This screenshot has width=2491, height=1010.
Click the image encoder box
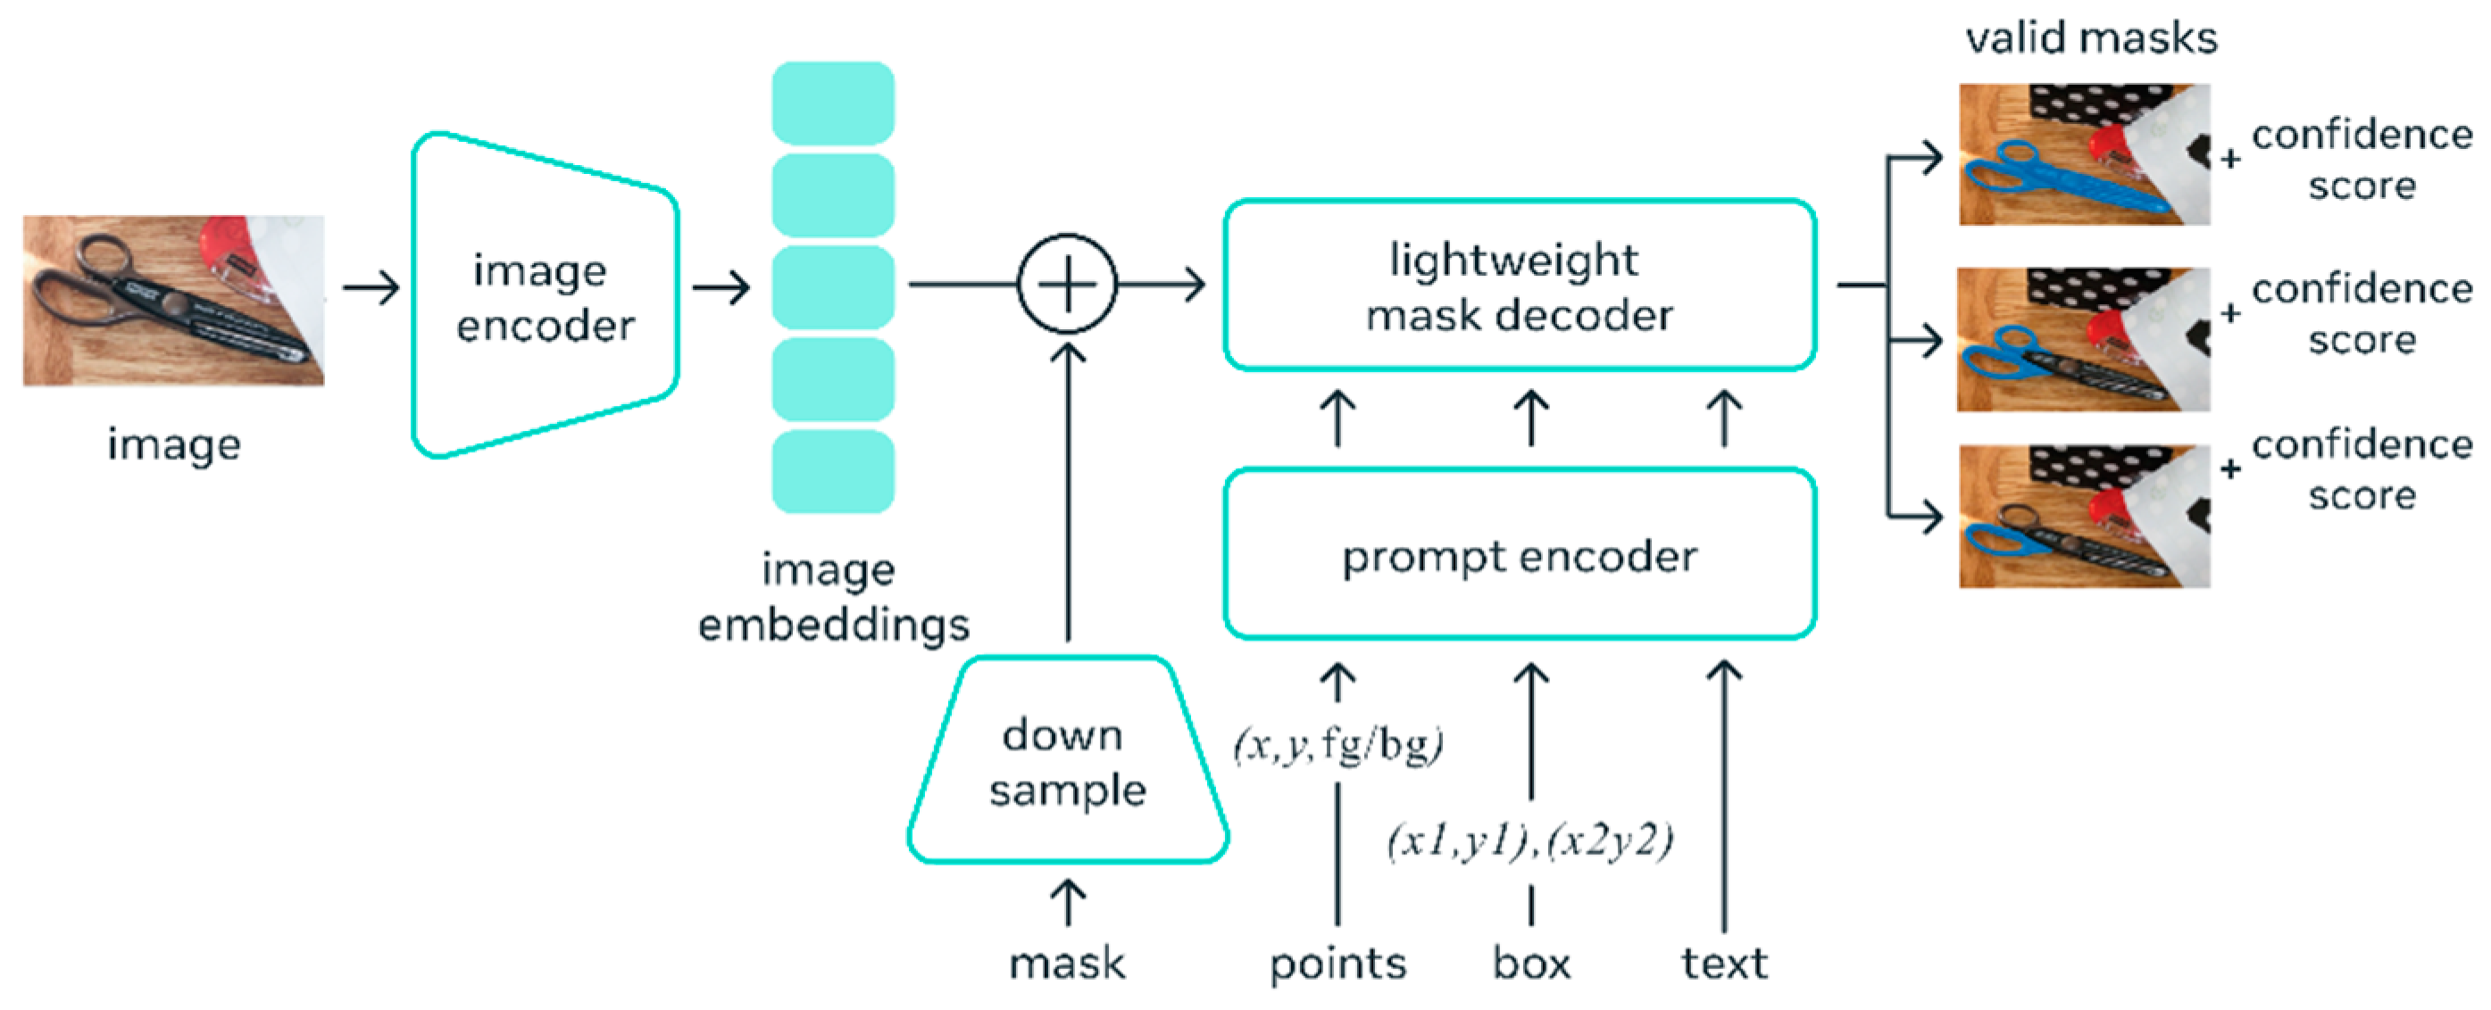click(546, 295)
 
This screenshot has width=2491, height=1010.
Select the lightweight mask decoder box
click(1520, 286)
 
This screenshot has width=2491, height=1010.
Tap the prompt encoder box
click(1520, 555)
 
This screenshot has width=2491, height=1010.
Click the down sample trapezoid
click(1068, 762)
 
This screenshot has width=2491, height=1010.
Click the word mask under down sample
click(1068, 964)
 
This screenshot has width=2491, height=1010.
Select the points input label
click(1337, 964)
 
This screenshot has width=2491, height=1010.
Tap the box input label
click(1531, 964)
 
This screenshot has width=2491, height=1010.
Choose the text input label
click(1724, 964)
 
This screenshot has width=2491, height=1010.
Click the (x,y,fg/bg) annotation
click(1338, 744)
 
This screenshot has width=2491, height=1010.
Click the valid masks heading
click(2091, 38)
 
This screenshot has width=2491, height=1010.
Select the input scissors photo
click(174, 301)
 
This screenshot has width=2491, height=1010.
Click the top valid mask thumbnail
click(2084, 154)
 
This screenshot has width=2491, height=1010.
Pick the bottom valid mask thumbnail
click(2084, 516)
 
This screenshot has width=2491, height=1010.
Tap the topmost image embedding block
click(833, 103)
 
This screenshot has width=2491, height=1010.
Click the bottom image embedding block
click(833, 472)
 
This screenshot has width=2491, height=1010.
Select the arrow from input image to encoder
click(371, 288)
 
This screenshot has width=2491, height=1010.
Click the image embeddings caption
click(833, 597)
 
